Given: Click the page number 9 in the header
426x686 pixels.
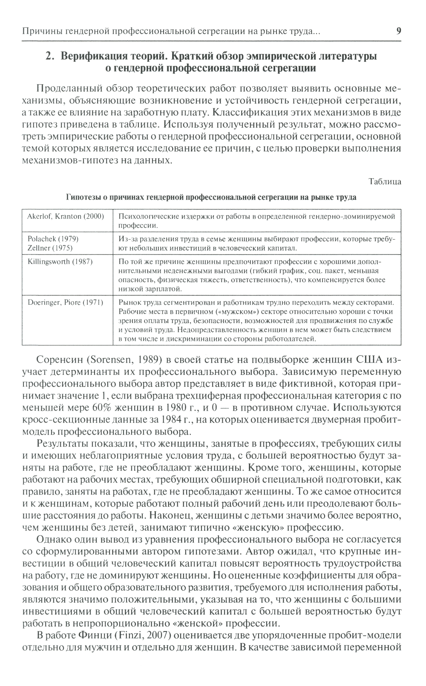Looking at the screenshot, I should tap(398, 31).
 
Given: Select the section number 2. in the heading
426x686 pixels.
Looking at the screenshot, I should tap(51, 56).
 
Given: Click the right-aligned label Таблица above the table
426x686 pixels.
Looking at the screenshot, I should tap(385, 182).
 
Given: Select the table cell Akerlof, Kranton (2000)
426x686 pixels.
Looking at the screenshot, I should tap(66, 216).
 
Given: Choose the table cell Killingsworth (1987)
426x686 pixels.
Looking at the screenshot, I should tap(60, 262).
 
